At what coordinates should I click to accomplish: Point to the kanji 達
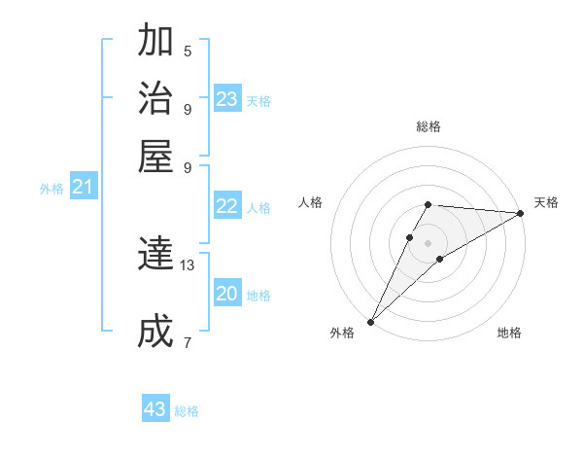[155, 255]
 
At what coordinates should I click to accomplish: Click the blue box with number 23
[227, 99]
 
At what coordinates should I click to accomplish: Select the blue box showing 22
[227, 206]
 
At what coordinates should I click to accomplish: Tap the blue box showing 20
[227, 294]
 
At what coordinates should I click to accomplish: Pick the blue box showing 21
[83, 187]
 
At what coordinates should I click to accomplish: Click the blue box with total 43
[155, 409]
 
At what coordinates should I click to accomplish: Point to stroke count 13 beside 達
[188, 264]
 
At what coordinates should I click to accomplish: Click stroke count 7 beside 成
[188, 342]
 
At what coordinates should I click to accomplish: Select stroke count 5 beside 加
[188, 51]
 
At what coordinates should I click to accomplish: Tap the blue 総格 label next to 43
[188, 411]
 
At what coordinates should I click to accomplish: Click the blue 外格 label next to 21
[51, 189]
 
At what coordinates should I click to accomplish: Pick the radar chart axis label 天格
[546, 202]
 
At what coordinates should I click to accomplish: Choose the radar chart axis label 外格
[342, 334]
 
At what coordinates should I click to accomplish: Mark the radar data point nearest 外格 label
[370, 322]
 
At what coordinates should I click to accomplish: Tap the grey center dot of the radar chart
[428, 242]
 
